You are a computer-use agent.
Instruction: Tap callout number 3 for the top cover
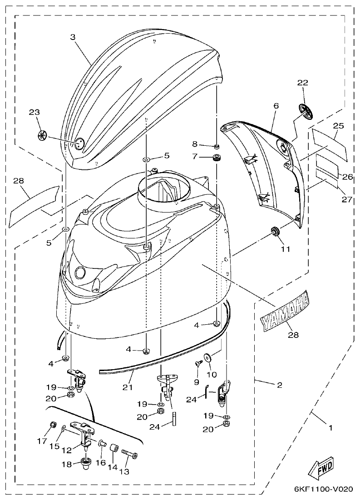point(73,37)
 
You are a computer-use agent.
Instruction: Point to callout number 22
point(302,83)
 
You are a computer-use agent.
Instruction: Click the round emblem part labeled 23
point(41,135)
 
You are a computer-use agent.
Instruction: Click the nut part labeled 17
point(53,426)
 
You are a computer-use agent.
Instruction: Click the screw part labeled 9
point(198,364)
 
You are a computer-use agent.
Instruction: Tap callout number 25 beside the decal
point(339,125)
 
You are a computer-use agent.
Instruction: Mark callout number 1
point(330,427)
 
